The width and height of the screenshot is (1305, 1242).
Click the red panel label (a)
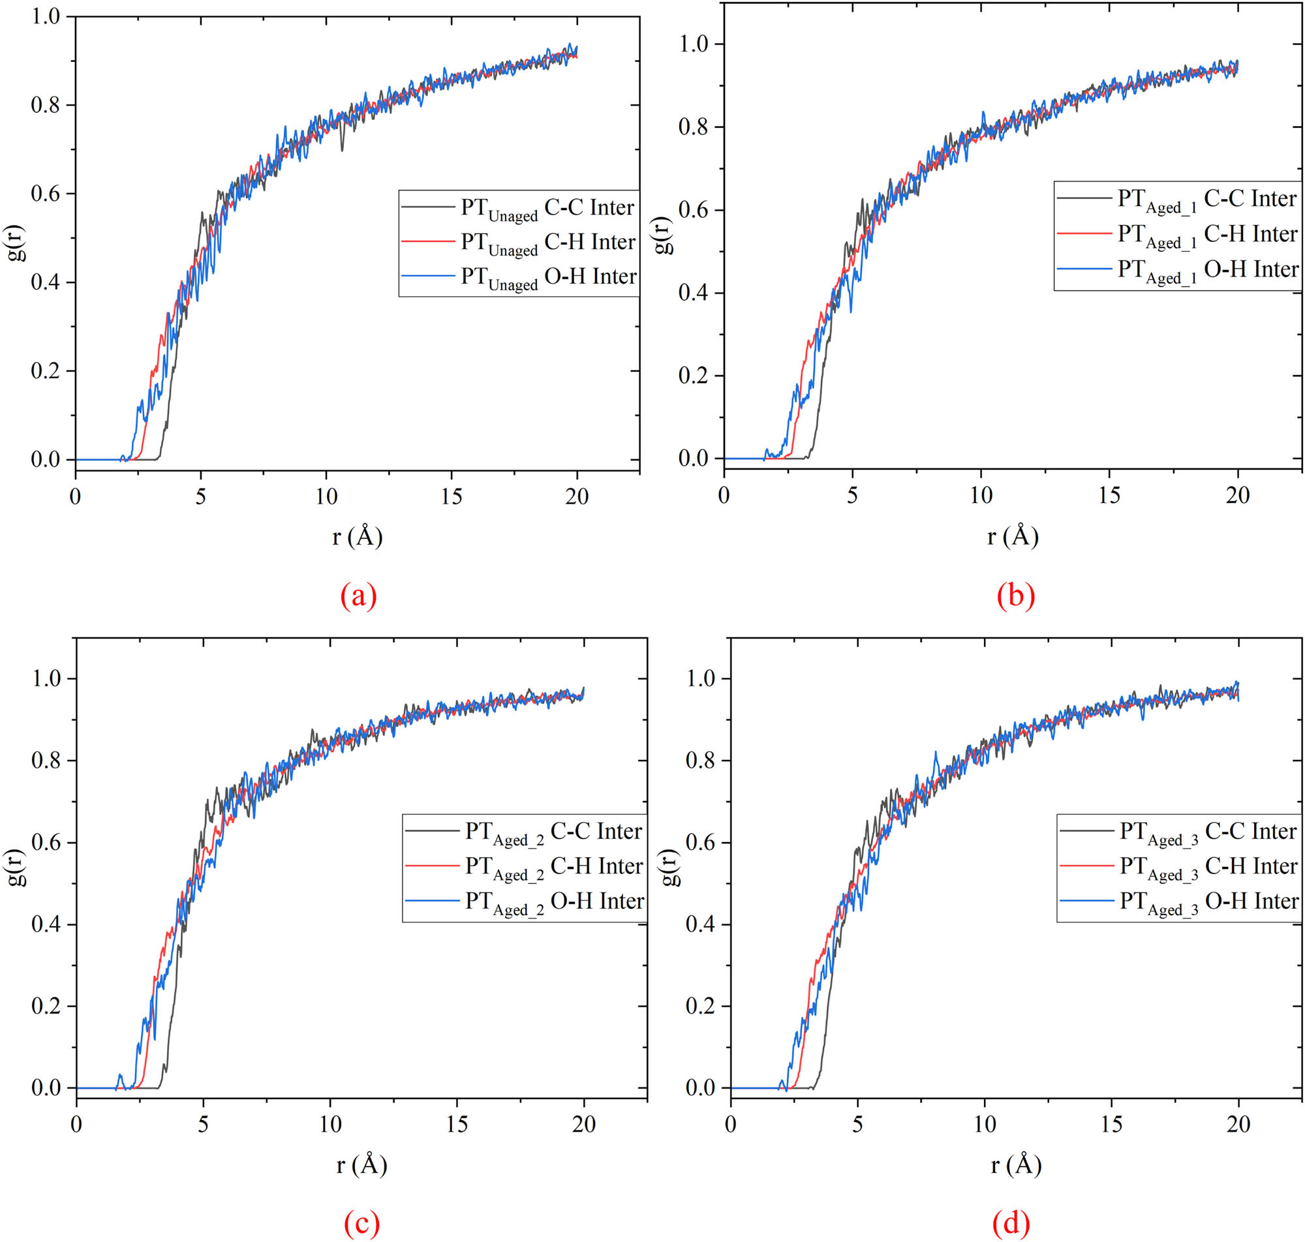coord(358,596)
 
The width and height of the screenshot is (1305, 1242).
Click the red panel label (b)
coord(1015,596)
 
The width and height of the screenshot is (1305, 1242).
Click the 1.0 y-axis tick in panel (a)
coord(45,16)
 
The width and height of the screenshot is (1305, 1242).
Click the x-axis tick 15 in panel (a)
coord(452,496)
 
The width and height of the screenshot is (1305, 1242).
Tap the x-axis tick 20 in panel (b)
coord(1236,495)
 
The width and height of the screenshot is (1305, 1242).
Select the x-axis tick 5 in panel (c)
coord(204,1123)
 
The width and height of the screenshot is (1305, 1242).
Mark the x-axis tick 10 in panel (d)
coord(985,1123)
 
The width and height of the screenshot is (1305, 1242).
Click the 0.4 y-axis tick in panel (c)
coord(46,925)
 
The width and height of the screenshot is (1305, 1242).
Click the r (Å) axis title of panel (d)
coord(1016,1164)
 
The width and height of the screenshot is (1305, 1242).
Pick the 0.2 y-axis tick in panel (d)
coord(701,1007)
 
